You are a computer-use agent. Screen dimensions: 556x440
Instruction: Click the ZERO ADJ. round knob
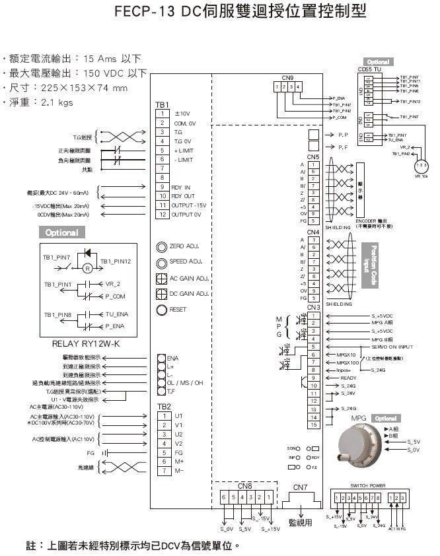[161, 247]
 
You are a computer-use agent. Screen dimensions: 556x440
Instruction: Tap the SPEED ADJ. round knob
[161, 262]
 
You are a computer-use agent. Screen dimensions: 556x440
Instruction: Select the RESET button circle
[161, 310]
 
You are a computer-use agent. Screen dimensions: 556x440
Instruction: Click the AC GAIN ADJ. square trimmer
[161, 278]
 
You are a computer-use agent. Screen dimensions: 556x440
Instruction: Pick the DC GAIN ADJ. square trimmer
[161, 294]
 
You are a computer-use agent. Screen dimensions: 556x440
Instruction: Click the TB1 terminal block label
[163, 104]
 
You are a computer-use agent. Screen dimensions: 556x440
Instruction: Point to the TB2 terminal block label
[163, 406]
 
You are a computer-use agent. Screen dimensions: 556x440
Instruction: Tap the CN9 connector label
[287, 78]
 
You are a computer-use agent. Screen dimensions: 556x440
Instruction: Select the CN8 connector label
[245, 486]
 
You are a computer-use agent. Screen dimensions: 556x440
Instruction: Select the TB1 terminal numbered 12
[162, 215]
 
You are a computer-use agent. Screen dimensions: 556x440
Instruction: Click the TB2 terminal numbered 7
[163, 470]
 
